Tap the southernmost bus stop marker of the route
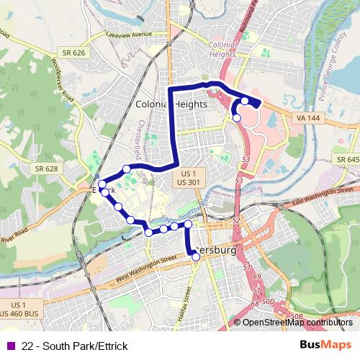click(196, 257)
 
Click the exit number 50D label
click(269, 300)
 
